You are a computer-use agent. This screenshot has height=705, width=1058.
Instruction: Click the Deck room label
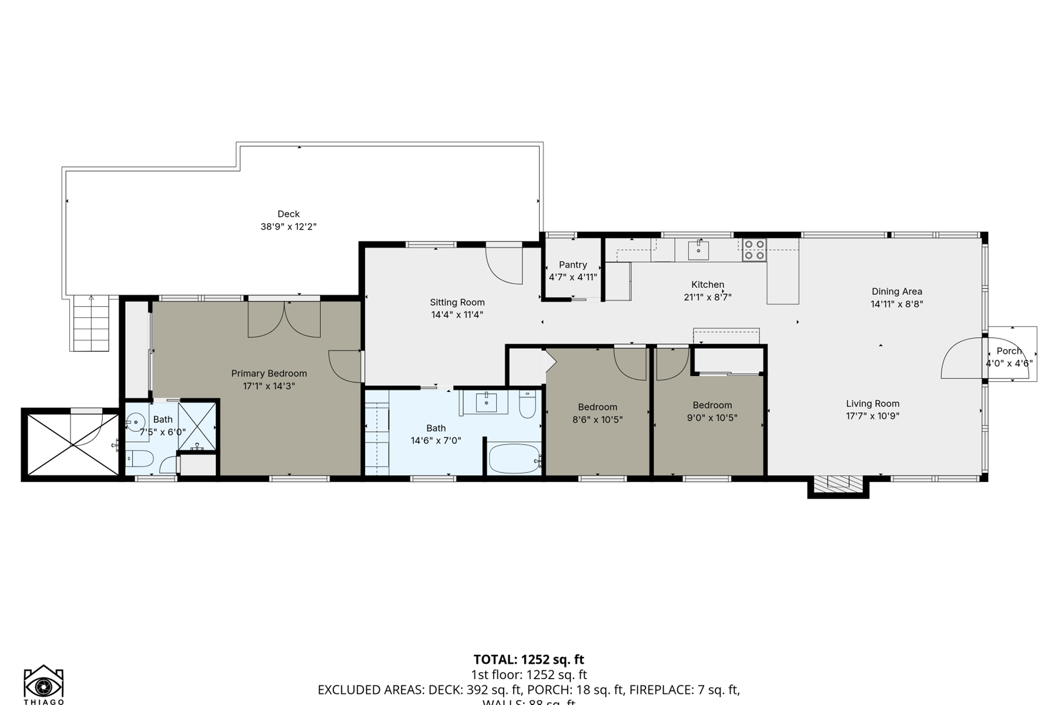pyautogui.click(x=288, y=214)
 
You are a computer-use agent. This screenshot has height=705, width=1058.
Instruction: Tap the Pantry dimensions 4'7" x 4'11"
pyautogui.click(x=572, y=277)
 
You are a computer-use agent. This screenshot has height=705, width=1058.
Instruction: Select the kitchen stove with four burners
pyautogui.click(x=754, y=250)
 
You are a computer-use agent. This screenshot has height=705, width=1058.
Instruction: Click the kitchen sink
pyautogui.click(x=698, y=250)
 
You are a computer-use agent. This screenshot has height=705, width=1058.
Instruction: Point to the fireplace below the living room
pyautogui.click(x=838, y=484)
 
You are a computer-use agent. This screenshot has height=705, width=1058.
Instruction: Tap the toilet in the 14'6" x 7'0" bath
pyautogui.click(x=527, y=405)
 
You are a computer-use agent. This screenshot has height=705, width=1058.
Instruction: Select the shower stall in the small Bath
pyautogui.click(x=197, y=426)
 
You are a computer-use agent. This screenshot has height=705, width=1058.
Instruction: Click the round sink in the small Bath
pyautogui.click(x=136, y=421)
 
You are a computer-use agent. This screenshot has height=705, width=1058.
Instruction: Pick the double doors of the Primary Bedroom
pyautogui.click(x=284, y=320)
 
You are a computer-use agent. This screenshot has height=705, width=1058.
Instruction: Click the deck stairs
pyautogui.click(x=91, y=324)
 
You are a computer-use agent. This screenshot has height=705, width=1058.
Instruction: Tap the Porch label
pyautogui.click(x=1009, y=351)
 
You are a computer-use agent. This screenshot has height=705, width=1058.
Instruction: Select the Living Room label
pyautogui.click(x=872, y=404)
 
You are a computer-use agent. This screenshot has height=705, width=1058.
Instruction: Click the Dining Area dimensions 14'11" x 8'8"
pyautogui.click(x=896, y=304)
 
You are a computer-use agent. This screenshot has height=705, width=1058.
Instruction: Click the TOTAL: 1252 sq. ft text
pyautogui.click(x=528, y=659)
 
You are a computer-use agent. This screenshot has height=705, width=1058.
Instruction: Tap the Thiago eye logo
pyautogui.click(x=43, y=684)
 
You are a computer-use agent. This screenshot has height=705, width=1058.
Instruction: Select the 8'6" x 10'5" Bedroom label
pyautogui.click(x=597, y=407)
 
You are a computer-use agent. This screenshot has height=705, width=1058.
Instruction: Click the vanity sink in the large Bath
pyautogui.click(x=487, y=402)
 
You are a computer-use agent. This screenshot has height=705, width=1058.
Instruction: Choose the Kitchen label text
pyautogui.click(x=707, y=284)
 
